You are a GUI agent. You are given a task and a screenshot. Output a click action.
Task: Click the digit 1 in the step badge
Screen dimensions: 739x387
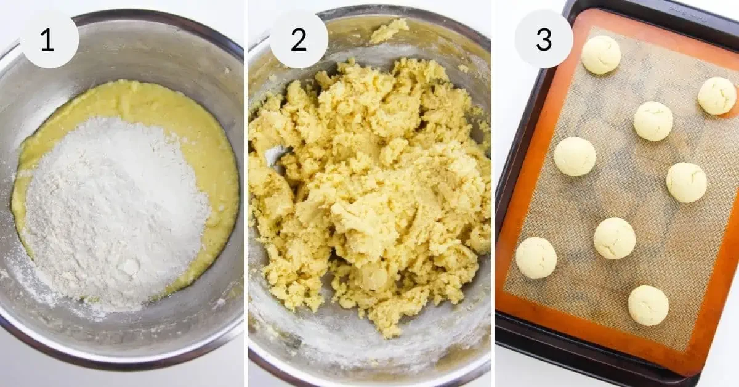click(48, 39)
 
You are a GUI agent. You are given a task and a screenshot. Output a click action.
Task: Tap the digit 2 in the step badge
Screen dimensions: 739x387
click(299, 39)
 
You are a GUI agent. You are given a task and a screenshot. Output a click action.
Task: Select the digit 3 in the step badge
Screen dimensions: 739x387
click(544, 39)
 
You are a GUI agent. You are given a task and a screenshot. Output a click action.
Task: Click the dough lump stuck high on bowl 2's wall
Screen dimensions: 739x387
click(389, 30)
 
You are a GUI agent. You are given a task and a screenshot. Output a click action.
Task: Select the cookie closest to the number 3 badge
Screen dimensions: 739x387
click(601, 54)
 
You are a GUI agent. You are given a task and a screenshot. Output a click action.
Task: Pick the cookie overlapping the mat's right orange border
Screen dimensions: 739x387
click(717, 96)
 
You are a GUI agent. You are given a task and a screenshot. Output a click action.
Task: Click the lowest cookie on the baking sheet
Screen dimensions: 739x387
click(648, 306)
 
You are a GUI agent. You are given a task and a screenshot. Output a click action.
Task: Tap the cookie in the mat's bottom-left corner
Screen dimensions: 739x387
click(536, 258)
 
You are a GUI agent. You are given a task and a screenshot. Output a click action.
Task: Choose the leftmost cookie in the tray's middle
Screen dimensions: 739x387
click(575, 156)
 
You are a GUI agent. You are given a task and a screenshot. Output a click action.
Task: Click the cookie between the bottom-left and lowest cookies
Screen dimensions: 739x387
click(615, 238)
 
